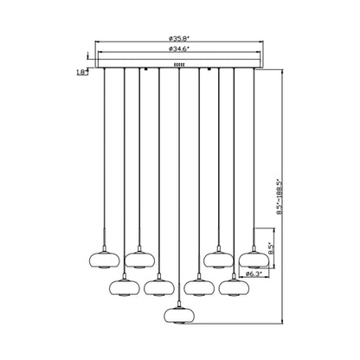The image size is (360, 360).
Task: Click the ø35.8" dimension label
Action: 179,38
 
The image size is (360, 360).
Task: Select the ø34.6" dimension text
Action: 179,48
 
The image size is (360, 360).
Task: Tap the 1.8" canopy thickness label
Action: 82,73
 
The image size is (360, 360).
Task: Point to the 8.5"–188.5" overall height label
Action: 279,197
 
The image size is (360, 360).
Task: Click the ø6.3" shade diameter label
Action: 254,274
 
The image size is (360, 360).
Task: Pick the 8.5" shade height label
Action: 270,248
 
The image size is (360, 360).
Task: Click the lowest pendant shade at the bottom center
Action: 179,315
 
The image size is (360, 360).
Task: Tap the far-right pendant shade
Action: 254,260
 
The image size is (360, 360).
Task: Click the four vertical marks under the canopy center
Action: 179,65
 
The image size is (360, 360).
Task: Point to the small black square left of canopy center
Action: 146,69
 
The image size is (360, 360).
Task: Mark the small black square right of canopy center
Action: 209,69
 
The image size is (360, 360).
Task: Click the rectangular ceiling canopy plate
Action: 179,63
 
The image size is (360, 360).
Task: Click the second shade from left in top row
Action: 139,260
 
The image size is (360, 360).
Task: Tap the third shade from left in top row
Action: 218,260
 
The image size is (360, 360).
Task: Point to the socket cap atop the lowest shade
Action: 179,305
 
